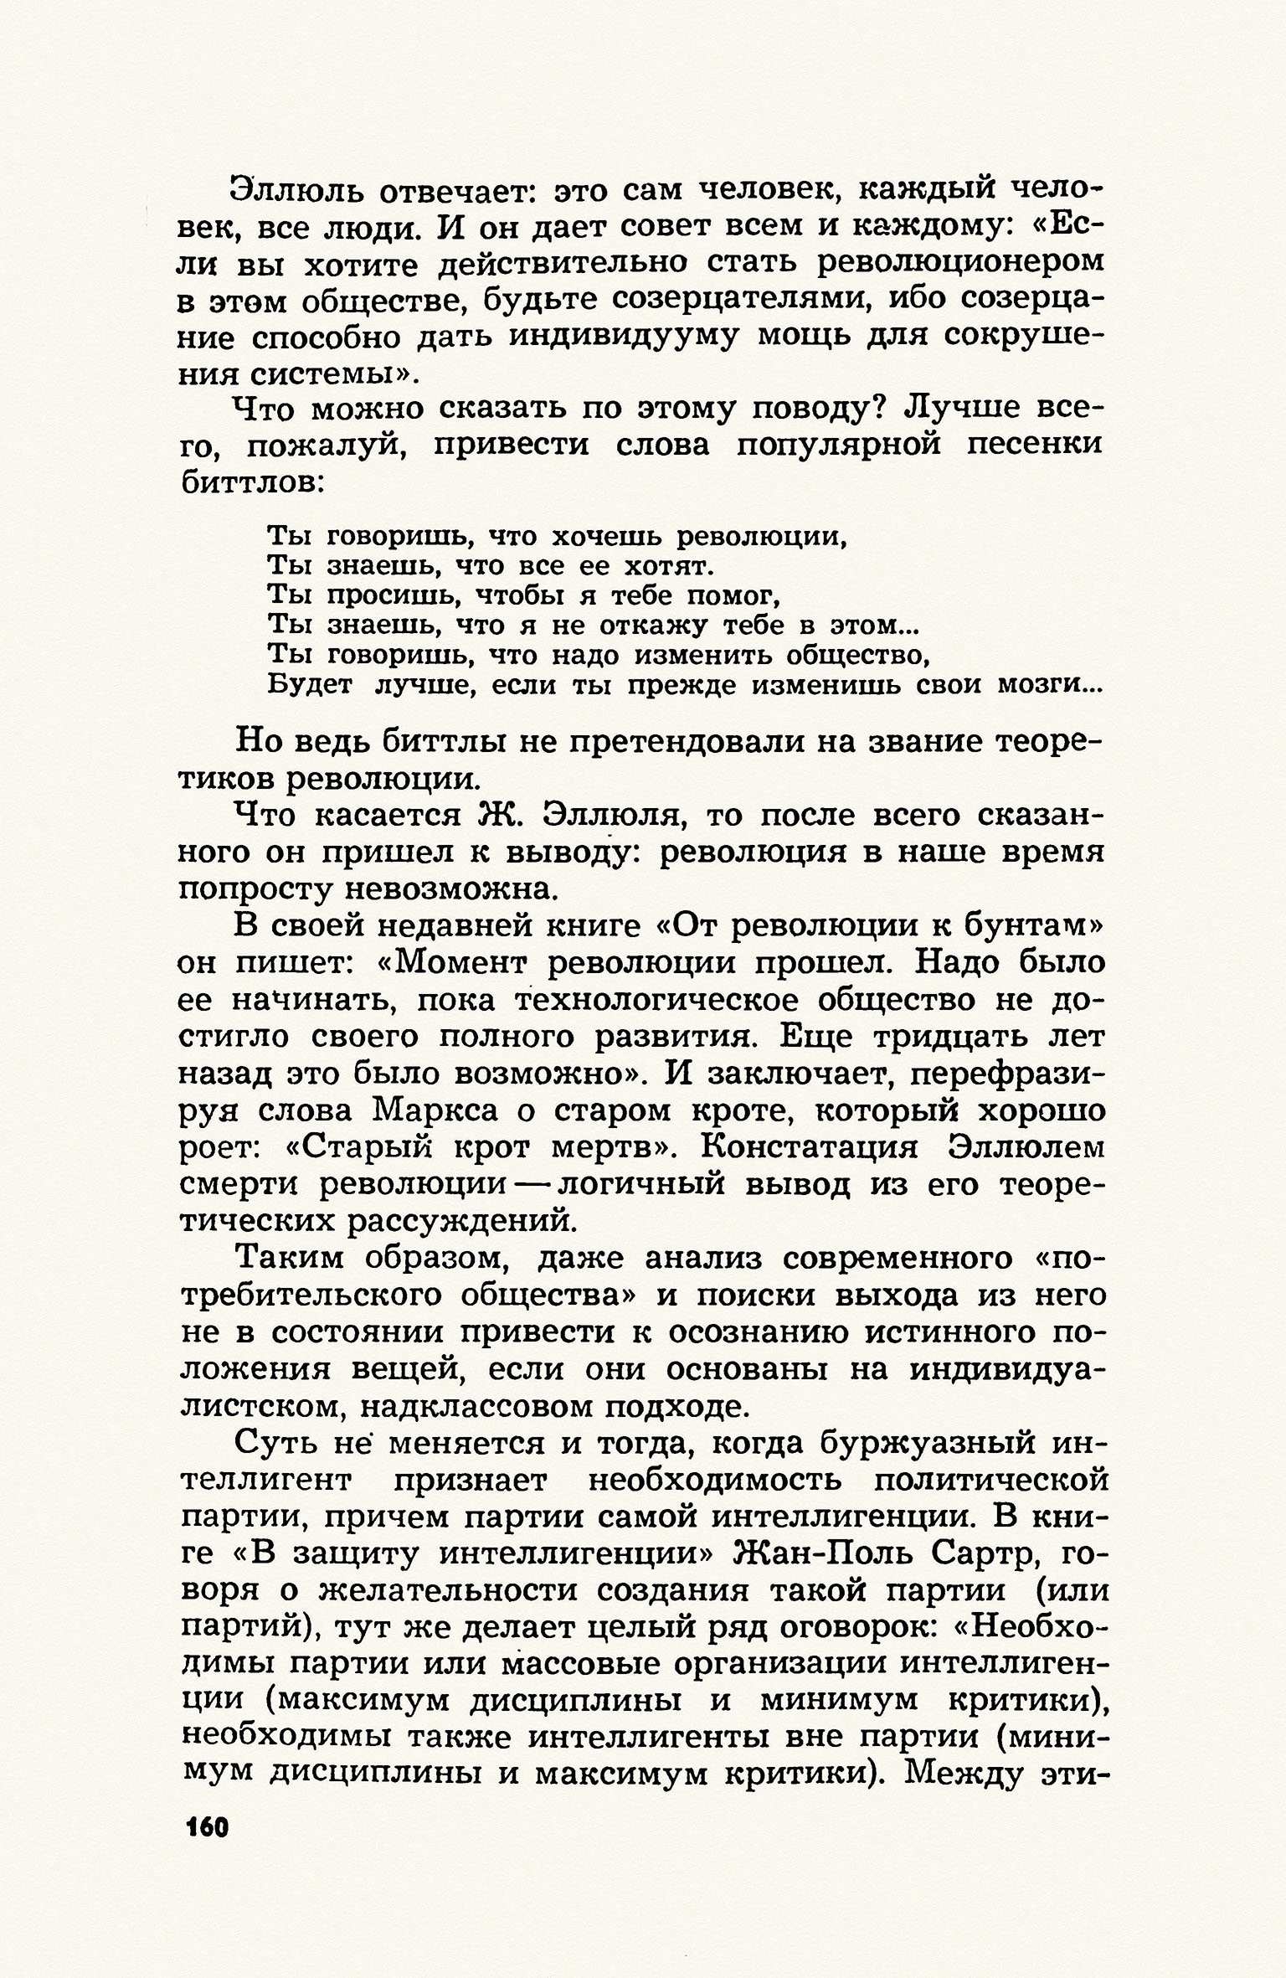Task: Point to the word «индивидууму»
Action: point(625,336)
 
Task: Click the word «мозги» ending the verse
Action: point(1038,685)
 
